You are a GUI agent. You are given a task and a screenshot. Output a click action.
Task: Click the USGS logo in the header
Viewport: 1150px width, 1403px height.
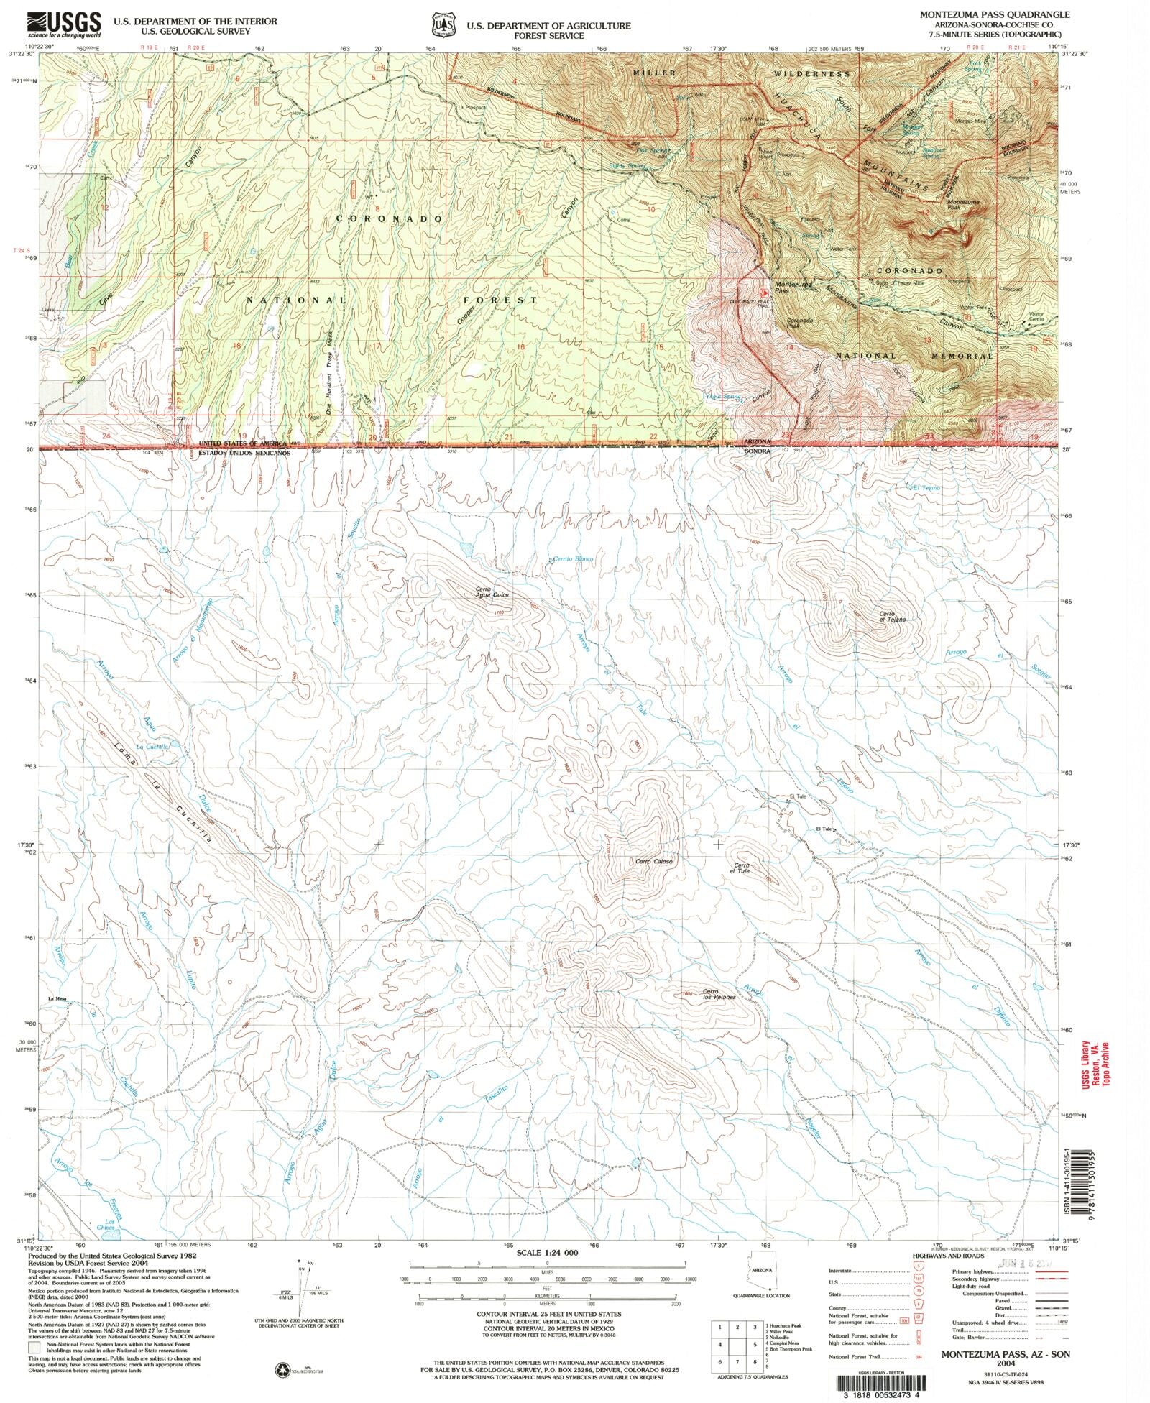[64, 25]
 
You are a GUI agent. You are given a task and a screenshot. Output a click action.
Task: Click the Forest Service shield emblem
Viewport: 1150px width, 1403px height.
[440, 26]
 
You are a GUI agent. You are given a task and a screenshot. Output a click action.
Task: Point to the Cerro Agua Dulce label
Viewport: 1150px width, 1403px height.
[492, 594]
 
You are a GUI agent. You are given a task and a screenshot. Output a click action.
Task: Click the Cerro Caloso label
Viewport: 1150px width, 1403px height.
[653, 861]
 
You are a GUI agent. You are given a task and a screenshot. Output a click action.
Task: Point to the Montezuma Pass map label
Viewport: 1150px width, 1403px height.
[792, 286]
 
